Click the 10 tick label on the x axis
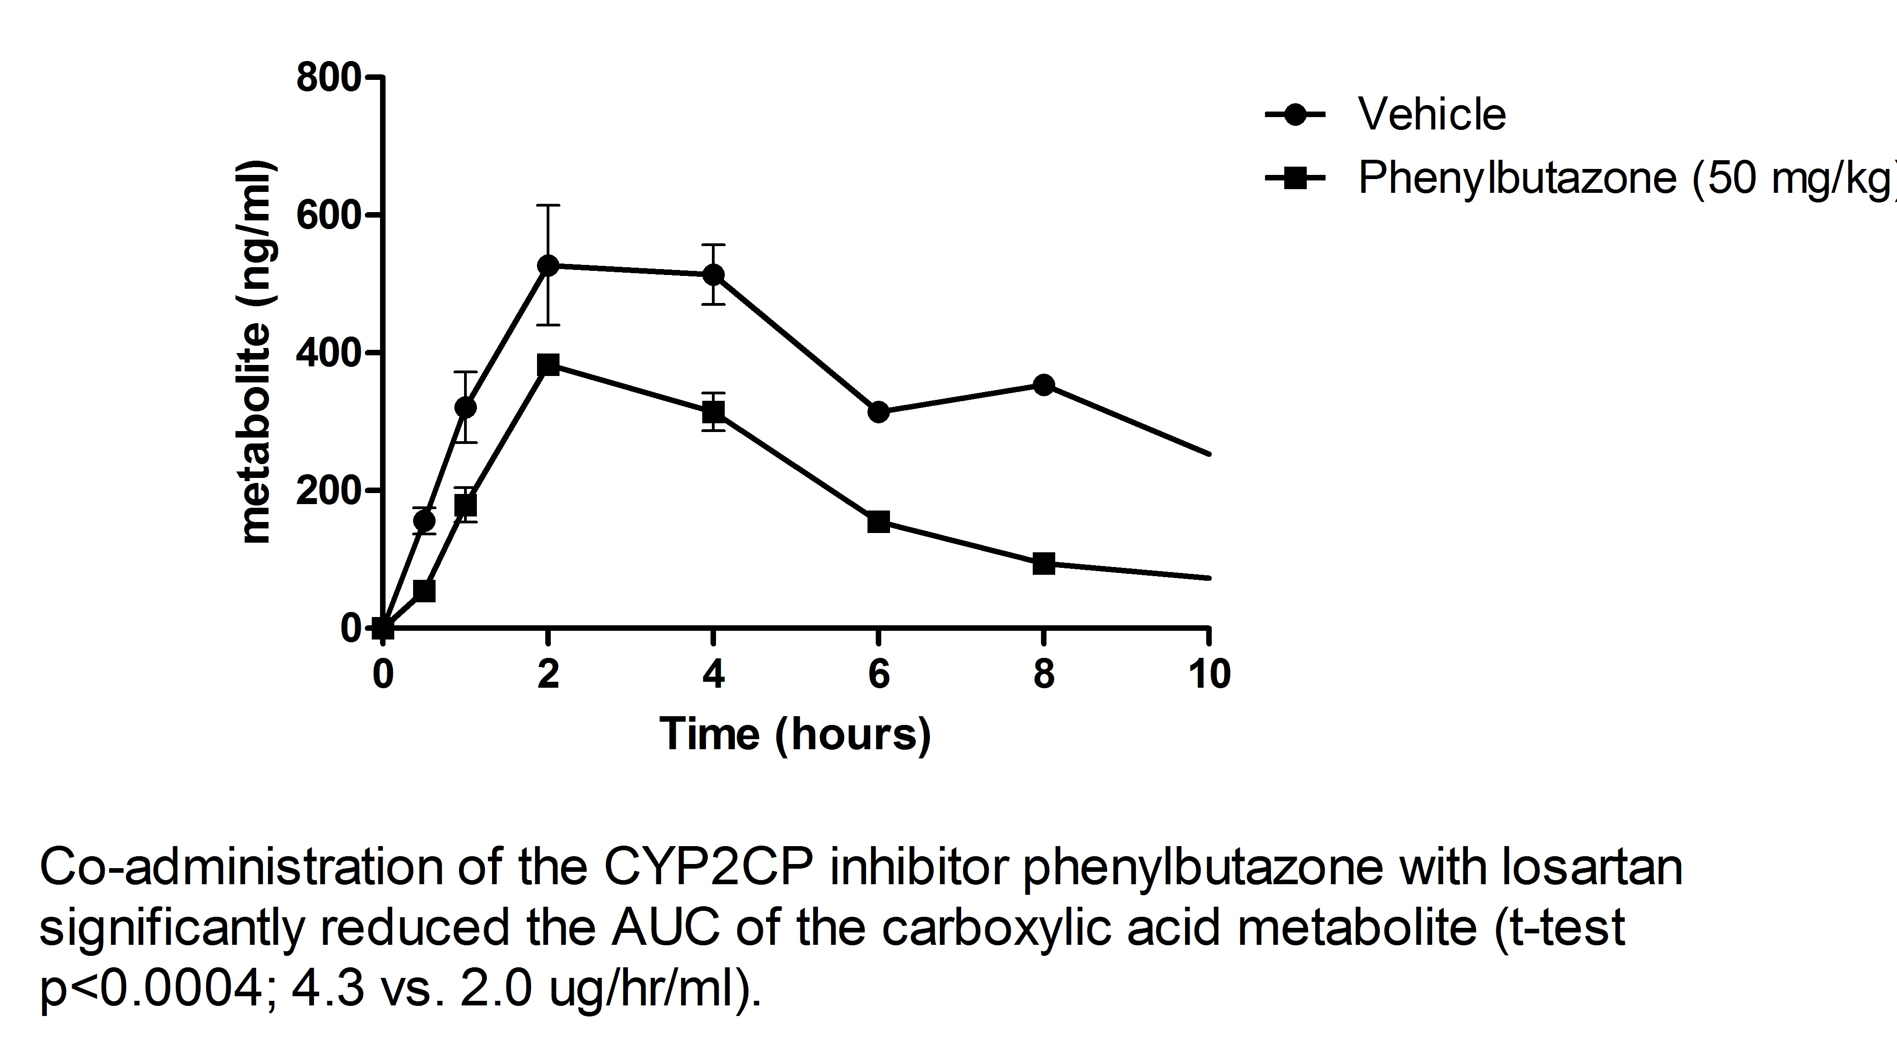point(1209,674)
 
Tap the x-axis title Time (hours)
point(795,735)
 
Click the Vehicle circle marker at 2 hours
point(548,265)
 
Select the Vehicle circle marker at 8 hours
point(1043,385)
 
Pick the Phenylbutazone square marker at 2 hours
point(548,365)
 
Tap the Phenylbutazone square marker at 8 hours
point(1043,564)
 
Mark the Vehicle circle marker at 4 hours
point(713,275)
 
